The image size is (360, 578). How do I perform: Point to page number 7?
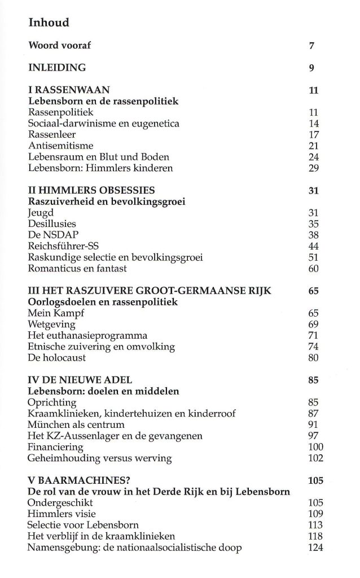[311, 46]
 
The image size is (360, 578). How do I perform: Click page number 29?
[314, 168]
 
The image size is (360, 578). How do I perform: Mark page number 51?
[314, 257]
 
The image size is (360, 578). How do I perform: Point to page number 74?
[314, 346]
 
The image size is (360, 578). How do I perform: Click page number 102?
[312, 457]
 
